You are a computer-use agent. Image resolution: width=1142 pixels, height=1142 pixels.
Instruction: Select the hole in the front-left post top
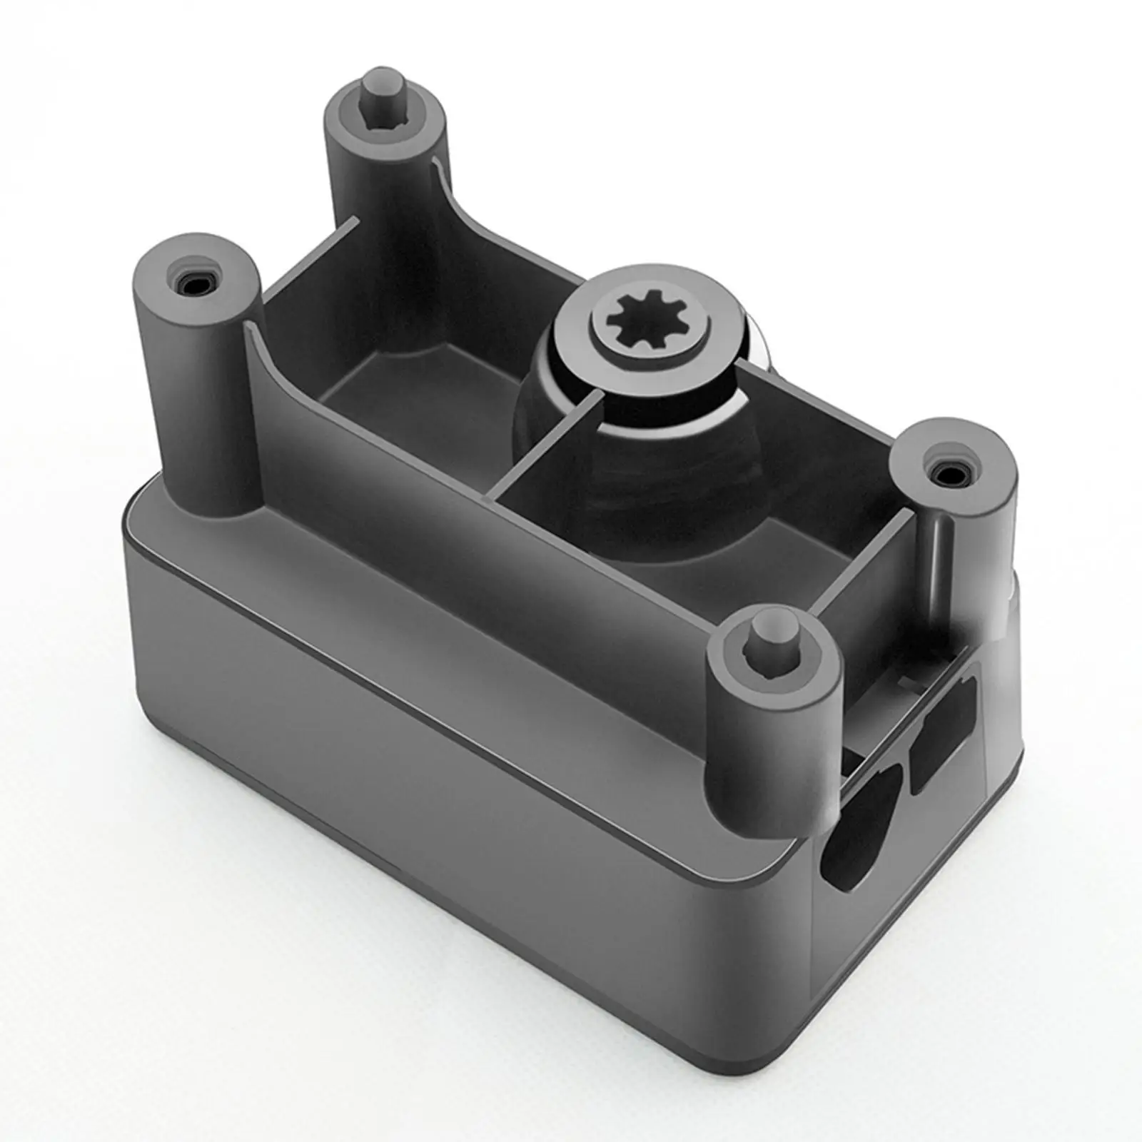pos(192,284)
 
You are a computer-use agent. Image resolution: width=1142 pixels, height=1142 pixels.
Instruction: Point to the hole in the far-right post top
pos(950,473)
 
